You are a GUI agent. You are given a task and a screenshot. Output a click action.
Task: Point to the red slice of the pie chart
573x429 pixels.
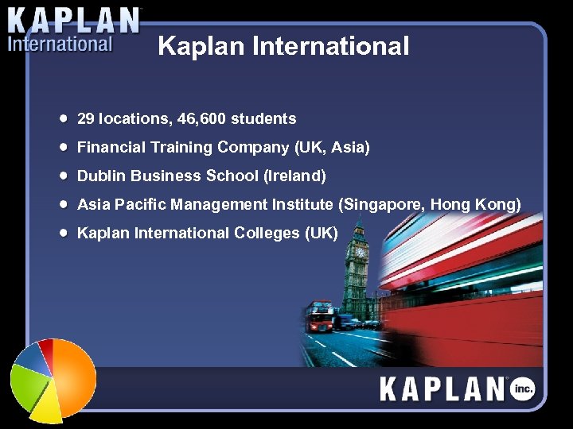pos(48,347)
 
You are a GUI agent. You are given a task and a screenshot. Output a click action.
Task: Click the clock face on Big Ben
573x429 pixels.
pos(360,252)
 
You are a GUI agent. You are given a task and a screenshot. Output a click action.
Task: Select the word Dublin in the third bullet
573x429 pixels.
pos(101,176)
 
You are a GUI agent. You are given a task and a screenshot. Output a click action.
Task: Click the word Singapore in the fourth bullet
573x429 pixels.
pos(380,205)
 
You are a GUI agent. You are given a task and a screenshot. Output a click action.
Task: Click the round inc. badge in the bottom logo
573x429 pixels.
pos(523,388)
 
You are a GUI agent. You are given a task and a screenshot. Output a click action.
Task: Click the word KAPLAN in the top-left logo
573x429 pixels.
pos(74,20)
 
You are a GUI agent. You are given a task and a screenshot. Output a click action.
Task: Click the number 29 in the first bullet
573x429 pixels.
pos(85,119)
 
